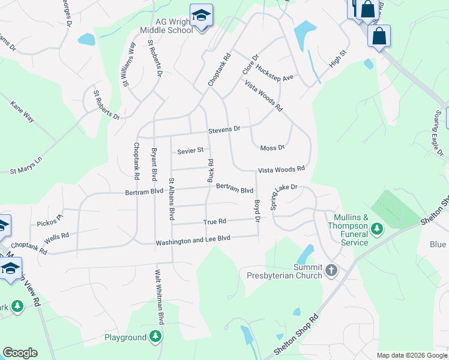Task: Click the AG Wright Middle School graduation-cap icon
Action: point(201,16)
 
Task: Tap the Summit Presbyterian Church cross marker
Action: point(331,271)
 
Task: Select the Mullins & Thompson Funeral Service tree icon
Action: point(376,228)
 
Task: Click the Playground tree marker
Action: point(155,337)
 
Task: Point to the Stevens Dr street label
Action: point(224,130)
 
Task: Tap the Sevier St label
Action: point(190,150)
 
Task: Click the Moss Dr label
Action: point(272,148)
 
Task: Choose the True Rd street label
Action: point(214,222)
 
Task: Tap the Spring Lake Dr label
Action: point(284,196)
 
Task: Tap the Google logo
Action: point(20,353)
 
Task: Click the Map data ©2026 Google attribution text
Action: point(412,355)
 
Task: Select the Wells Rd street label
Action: point(56,237)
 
